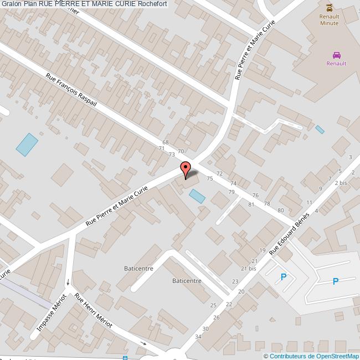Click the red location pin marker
186,169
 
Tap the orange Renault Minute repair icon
330,8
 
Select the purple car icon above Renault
336,55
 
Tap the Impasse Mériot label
52,313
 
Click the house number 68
165,143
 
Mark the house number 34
198,337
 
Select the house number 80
281,210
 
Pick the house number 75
209,178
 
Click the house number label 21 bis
248,268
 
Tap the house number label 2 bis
341,182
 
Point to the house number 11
309,203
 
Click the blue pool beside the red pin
197,196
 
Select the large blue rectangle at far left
27,145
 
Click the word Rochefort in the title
152,4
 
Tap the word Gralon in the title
12,4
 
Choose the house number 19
263,250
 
